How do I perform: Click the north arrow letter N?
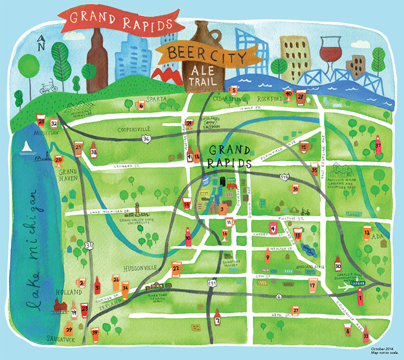coord(40,41)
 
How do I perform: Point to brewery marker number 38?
coord(93,151)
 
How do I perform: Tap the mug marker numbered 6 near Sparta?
coord(140,105)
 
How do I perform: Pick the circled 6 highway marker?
coord(278,296)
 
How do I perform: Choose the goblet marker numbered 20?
coord(58,161)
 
